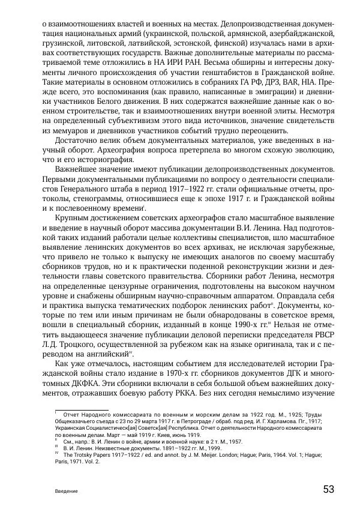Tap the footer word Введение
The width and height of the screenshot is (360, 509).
point(64,491)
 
